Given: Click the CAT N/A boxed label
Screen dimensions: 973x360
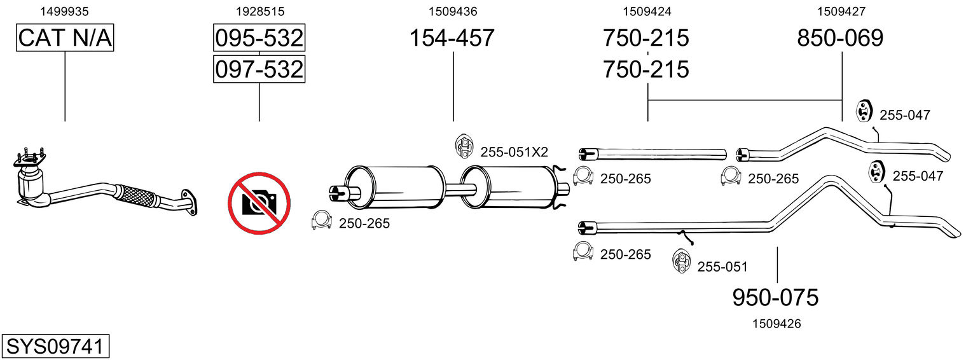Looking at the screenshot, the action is click(65, 38).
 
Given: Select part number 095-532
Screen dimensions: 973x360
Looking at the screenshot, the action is click(259, 38).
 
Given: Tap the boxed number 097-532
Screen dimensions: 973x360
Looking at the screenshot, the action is click(259, 69).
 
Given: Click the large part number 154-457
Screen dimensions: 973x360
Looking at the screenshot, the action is click(452, 38).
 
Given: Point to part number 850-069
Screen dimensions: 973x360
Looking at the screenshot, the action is click(840, 38).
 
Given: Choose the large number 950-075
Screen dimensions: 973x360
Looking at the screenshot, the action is click(775, 297).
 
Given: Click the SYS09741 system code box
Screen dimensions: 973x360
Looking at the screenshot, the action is click(55, 347).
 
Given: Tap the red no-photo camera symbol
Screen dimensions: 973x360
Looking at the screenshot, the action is click(259, 204).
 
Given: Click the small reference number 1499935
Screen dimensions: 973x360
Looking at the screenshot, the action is click(64, 11).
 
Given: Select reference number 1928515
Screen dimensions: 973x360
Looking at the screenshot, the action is click(259, 11).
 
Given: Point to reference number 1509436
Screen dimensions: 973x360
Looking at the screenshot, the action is click(452, 11).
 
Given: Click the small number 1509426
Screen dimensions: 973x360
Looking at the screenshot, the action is click(776, 324).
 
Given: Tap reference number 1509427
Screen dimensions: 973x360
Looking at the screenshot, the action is click(841, 11).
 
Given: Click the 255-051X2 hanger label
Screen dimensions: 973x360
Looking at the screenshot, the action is click(514, 152).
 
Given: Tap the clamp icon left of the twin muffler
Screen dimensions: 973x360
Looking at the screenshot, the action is click(322, 221).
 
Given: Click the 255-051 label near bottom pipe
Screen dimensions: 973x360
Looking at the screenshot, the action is click(722, 267).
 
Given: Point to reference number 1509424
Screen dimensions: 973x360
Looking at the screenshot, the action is click(647, 11).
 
